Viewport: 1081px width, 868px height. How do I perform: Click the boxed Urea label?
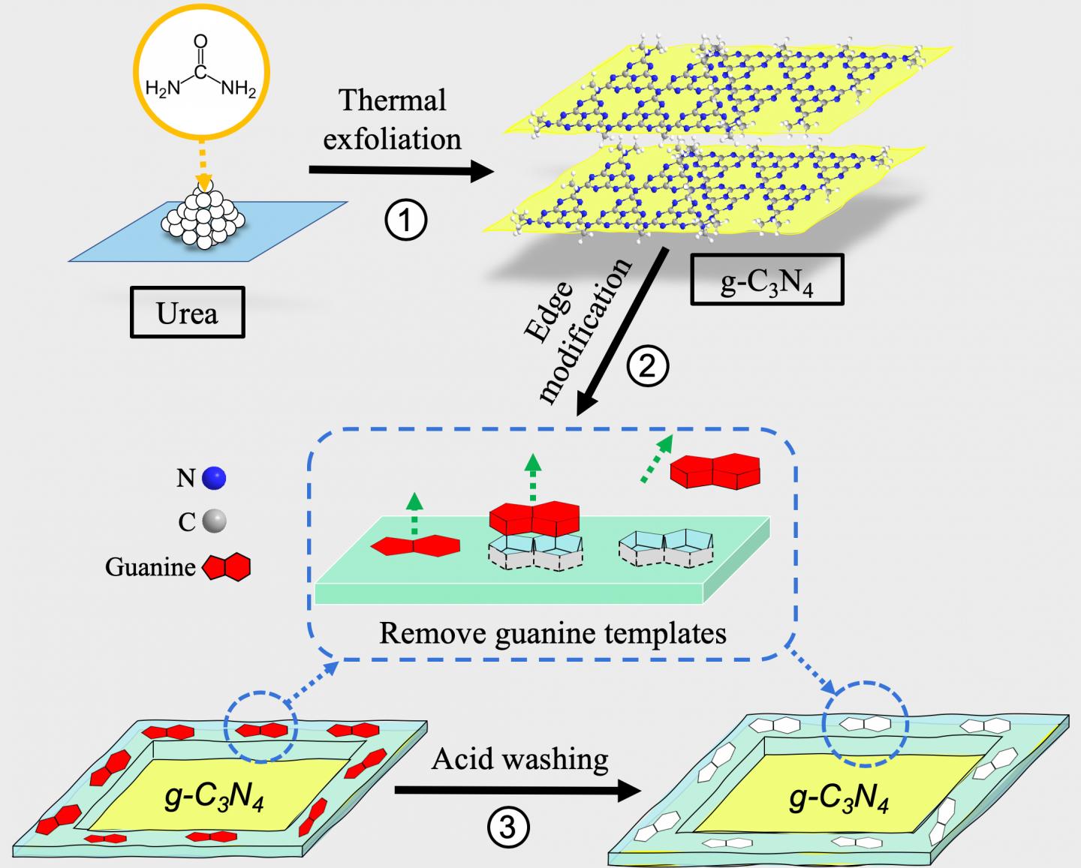tap(187, 312)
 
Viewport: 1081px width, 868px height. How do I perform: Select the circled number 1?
tap(406, 221)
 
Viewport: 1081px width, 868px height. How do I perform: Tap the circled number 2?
tap(647, 367)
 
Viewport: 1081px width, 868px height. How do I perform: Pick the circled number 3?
tap(508, 827)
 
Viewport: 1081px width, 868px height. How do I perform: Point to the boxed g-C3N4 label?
tap(766, 280)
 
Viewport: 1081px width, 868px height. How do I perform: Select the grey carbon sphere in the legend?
tap(214, 520)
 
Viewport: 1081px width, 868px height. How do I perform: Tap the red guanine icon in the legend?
tap(227, 567)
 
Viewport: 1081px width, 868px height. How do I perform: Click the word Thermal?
tap(393, 100)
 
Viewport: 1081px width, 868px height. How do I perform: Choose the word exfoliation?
tap(392, 139)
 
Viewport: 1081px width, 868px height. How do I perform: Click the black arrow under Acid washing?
tap(518, 790)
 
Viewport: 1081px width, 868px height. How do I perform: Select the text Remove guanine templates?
tap(553, 633)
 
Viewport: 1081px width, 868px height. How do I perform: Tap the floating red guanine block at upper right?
tap(715, 470)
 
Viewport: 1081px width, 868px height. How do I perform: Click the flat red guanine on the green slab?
tap(415, 546)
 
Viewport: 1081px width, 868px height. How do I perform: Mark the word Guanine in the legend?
tap(149, 567)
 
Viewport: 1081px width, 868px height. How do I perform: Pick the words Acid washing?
tap(519, 759)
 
